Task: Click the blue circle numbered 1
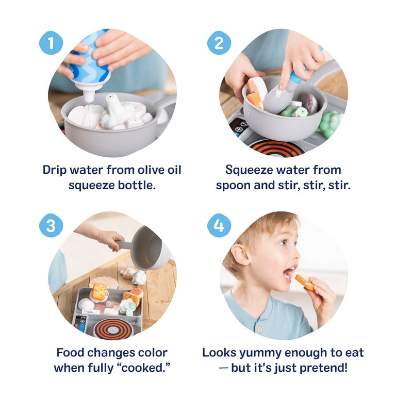click(51, 43)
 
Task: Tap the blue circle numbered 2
click(219, 43)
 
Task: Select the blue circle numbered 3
click(51, 225)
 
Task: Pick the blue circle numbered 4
click(219, 225)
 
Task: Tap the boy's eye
click(284, 242)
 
